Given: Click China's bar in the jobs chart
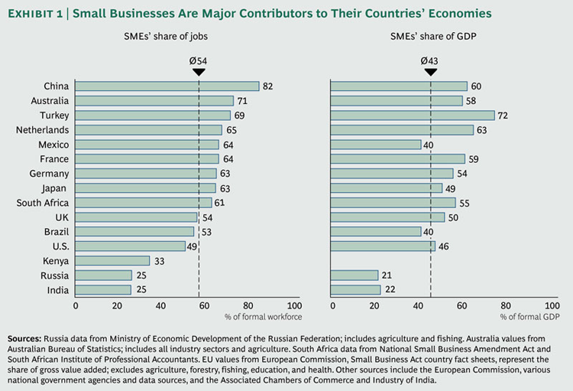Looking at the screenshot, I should [x=167, y=86].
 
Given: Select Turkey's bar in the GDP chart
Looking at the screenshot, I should [x=412, y=116].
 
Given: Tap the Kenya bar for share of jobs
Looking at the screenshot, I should [x=112, y=261].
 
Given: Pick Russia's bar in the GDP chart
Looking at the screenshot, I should [x=354, y=275].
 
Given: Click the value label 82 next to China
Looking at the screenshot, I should [x=267, y=86].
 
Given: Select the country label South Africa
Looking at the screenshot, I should [x=43, y=203].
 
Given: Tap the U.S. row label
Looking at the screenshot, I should [x=57, y=246].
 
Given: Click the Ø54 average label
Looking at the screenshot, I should [x=199, y=60].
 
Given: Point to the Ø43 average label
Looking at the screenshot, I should [x=430, y=60].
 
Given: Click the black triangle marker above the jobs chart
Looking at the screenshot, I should [x=199, y=72].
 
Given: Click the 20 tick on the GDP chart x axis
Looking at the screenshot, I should [x=374, y=305].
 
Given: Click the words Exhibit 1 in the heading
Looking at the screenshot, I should [x=39, y=13].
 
